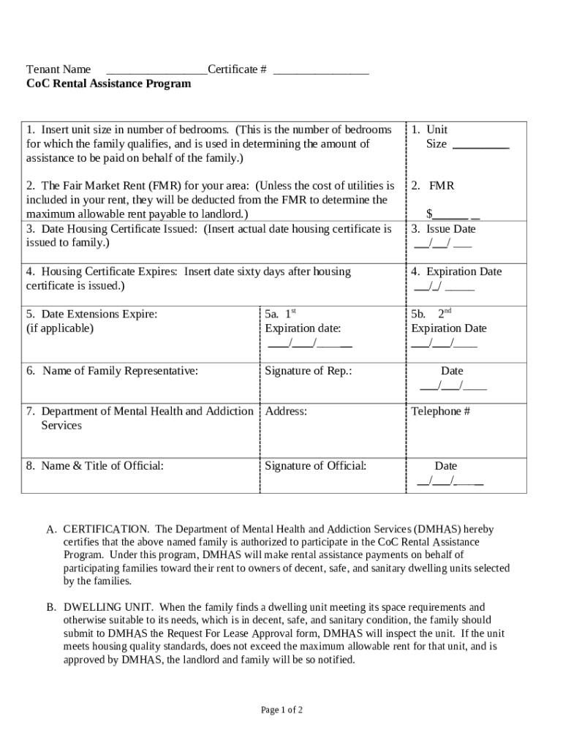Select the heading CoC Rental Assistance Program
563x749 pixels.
point(108,84)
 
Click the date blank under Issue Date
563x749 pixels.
point(442,244)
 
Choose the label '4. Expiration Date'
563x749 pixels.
point(456,271)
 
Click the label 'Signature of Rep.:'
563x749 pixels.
point(309,371)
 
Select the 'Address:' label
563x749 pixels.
point(286,411)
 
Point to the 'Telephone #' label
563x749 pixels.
point(440,411)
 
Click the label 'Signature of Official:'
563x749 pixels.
point(316,466)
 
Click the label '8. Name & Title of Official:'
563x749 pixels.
point(95,466)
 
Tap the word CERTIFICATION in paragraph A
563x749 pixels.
point(106,529)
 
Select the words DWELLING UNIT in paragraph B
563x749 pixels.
point(108,608)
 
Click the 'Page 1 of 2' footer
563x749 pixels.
point(281,710)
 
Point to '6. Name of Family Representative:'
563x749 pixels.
point(112,371)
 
